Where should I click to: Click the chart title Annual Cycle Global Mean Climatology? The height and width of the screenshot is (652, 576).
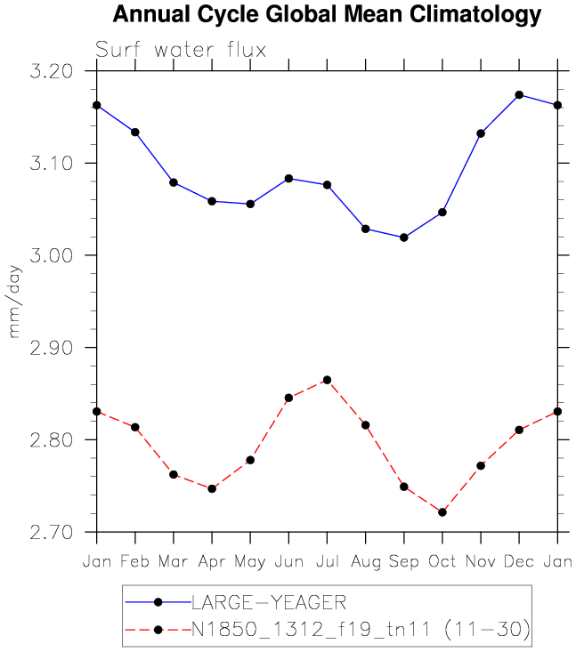click(327, 15)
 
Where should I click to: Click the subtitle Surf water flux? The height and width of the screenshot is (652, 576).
click(181, 50)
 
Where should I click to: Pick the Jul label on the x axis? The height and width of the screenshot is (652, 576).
click(327, 561)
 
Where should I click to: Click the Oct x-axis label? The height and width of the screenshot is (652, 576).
click(442, 561)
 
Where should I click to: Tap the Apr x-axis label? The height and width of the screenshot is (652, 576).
click(212, 561)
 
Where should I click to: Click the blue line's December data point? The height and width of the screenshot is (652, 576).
click(519, 95)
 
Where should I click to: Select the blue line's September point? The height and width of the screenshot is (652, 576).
click(404, 237)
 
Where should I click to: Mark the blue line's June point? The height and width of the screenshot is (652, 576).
click(288, 179)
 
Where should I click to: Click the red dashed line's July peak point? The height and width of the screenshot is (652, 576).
click(327, 380)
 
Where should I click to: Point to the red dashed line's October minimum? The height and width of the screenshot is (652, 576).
click(442, 512)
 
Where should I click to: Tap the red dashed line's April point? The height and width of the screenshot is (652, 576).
click(212, 488)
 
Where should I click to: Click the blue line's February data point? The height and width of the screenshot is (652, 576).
click(135, 132)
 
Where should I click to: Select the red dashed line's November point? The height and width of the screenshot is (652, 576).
click(481, 465)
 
